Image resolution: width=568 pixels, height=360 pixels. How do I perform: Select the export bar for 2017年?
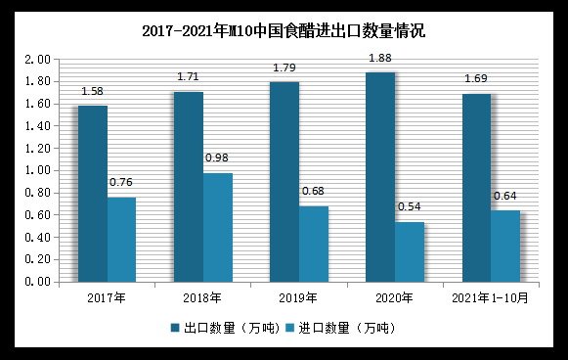pos(93,194)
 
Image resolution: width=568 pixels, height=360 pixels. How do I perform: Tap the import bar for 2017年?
pos(121,240)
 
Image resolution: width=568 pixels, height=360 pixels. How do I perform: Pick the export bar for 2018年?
pos(189,187)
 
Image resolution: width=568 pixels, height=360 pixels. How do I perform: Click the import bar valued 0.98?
pos(217,227)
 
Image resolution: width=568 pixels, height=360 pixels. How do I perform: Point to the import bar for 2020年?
pos(410,251)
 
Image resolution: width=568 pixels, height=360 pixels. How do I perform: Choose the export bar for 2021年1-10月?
pos(477,188)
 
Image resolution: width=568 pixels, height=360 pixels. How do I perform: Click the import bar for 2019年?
pos(314,244)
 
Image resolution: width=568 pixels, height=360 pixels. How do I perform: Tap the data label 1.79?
pos(285,67)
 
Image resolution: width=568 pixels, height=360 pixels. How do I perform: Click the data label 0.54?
pos(410,206)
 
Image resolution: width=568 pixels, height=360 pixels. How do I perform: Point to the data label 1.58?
pos(93,91)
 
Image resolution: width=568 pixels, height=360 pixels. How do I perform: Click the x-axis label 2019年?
pos(298,296)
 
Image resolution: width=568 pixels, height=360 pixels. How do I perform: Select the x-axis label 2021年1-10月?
pos(491,296)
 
